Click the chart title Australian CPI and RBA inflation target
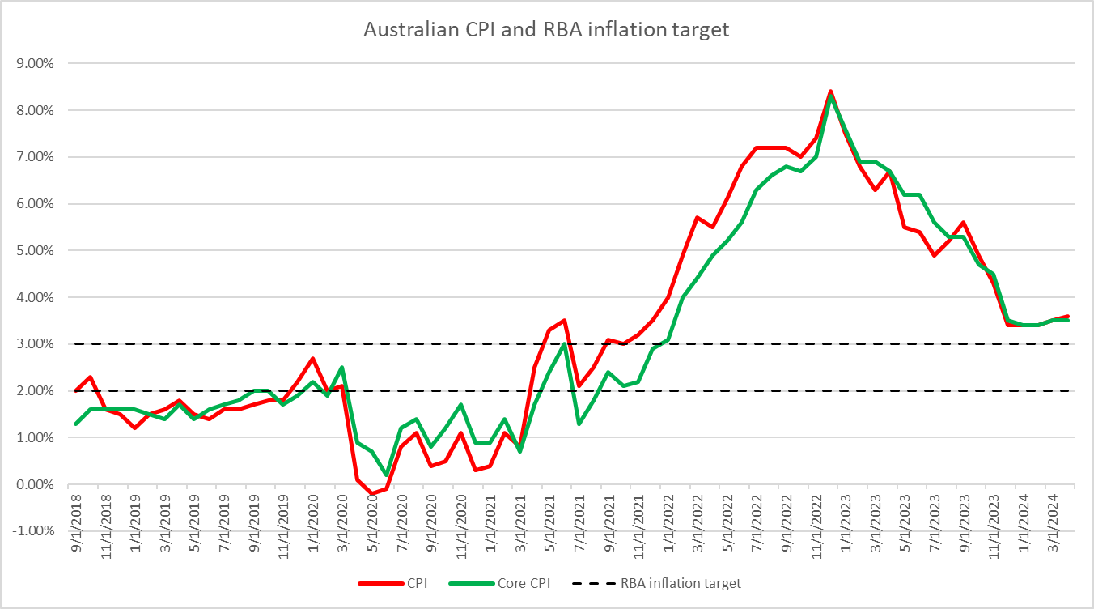click(x=546, y=30)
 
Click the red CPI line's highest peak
click(x=830, y=92)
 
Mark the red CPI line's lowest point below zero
click(x=371, y=494)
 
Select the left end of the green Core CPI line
click(x=76, y=424)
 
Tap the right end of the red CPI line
click(x=1067, y=317)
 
